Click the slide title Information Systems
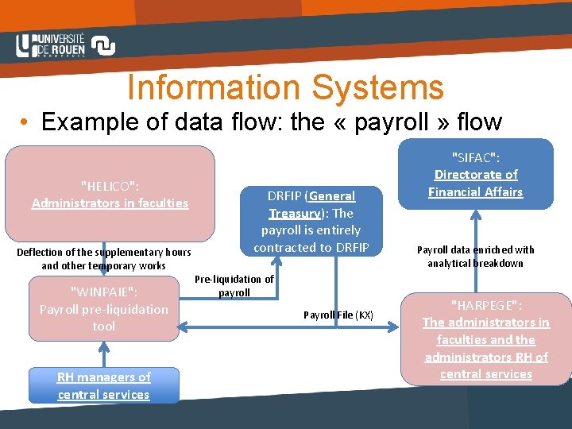tap(285, 87)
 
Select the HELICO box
tap(110, 193)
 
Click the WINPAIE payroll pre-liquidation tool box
tap(104, 308)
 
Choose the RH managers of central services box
tap(103, 385)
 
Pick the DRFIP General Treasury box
tap(311, 221)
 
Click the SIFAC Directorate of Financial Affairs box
tap(475, 174)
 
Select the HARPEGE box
tap(485, 339)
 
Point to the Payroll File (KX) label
tap(338, 315)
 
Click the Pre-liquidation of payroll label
tap(234, 285)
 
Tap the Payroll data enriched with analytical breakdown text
tap(475, 256)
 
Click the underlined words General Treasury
tap(311, 204)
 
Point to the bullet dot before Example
tap(26, 123)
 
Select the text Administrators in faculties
tap(110, 203)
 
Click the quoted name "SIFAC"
tap(475, 157)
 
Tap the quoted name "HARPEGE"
tap(485, 305)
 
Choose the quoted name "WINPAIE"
tap(104, 292)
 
